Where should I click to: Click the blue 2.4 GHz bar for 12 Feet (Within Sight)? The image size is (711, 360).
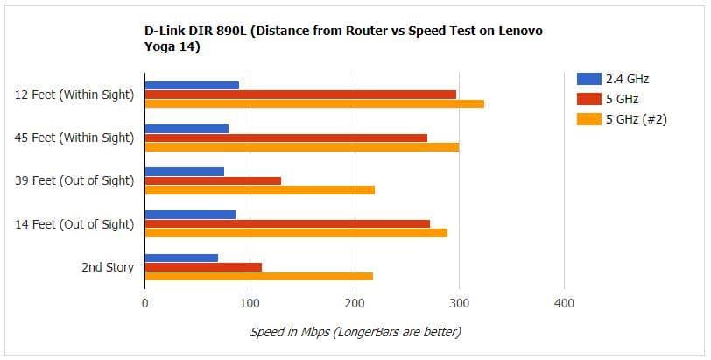[x=192, y=85]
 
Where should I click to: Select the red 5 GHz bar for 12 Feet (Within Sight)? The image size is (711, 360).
[x=300, y=95]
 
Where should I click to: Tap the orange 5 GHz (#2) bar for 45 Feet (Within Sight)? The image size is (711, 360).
[x=301, y=146]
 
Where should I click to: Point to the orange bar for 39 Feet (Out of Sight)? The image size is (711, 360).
[x=259, y=190]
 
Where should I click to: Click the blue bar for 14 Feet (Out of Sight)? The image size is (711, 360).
[x=190, y=215]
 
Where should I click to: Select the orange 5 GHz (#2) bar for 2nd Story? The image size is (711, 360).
[x=258, y=276]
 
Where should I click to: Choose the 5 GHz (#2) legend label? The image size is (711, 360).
[x=637, y=120]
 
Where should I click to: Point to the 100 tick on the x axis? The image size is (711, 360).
[x=250, y=304]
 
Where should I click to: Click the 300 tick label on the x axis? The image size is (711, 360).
[x=460, y=304]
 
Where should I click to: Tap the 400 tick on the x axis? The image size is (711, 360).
[x=565, y=304]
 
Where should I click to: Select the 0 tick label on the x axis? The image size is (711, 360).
[x=144, y=304]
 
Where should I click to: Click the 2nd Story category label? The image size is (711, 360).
[x=108, y=267]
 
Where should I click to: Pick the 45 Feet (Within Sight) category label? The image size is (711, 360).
[x=75, y=138]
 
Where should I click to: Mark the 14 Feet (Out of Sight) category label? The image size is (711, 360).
[x=75, y=224]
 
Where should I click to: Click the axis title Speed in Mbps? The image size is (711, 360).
[x=355, y=332]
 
